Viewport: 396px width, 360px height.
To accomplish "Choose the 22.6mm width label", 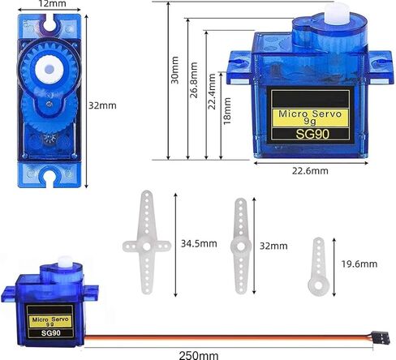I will coord(310,170).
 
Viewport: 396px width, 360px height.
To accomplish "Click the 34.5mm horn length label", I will coord(198,242).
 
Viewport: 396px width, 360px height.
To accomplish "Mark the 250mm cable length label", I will coord(199,354).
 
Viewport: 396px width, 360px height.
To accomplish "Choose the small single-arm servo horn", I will coord(316,264).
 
